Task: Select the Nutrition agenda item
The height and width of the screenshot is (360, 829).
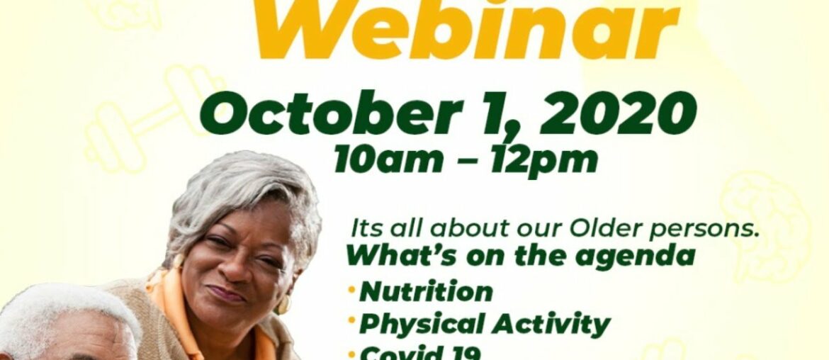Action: (x=426, y=291)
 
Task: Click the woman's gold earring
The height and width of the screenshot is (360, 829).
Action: (x=284, y=305)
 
